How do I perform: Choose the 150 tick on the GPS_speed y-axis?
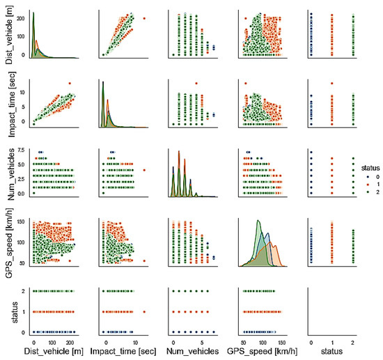click(19, 222)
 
